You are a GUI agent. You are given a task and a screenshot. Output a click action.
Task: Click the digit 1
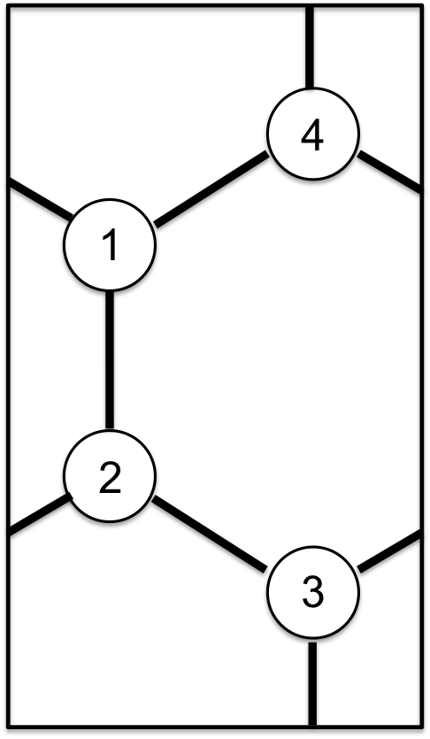coord(111,245)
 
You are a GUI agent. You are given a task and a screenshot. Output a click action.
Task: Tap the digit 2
coord(110,478)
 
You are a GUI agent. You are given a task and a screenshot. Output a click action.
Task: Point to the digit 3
coord(313,592)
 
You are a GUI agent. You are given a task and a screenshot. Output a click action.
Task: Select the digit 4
coord(312,135)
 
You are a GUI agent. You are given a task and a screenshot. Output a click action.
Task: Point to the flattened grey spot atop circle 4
coord(309,91)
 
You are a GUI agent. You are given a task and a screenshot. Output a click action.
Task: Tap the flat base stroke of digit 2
coord(111,492)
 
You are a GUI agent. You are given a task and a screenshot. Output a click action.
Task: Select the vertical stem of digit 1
coord(113,246)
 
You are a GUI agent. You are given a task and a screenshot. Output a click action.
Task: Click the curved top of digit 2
coord(111,466)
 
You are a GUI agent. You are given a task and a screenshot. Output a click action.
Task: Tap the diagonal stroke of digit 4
coord(308,131)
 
